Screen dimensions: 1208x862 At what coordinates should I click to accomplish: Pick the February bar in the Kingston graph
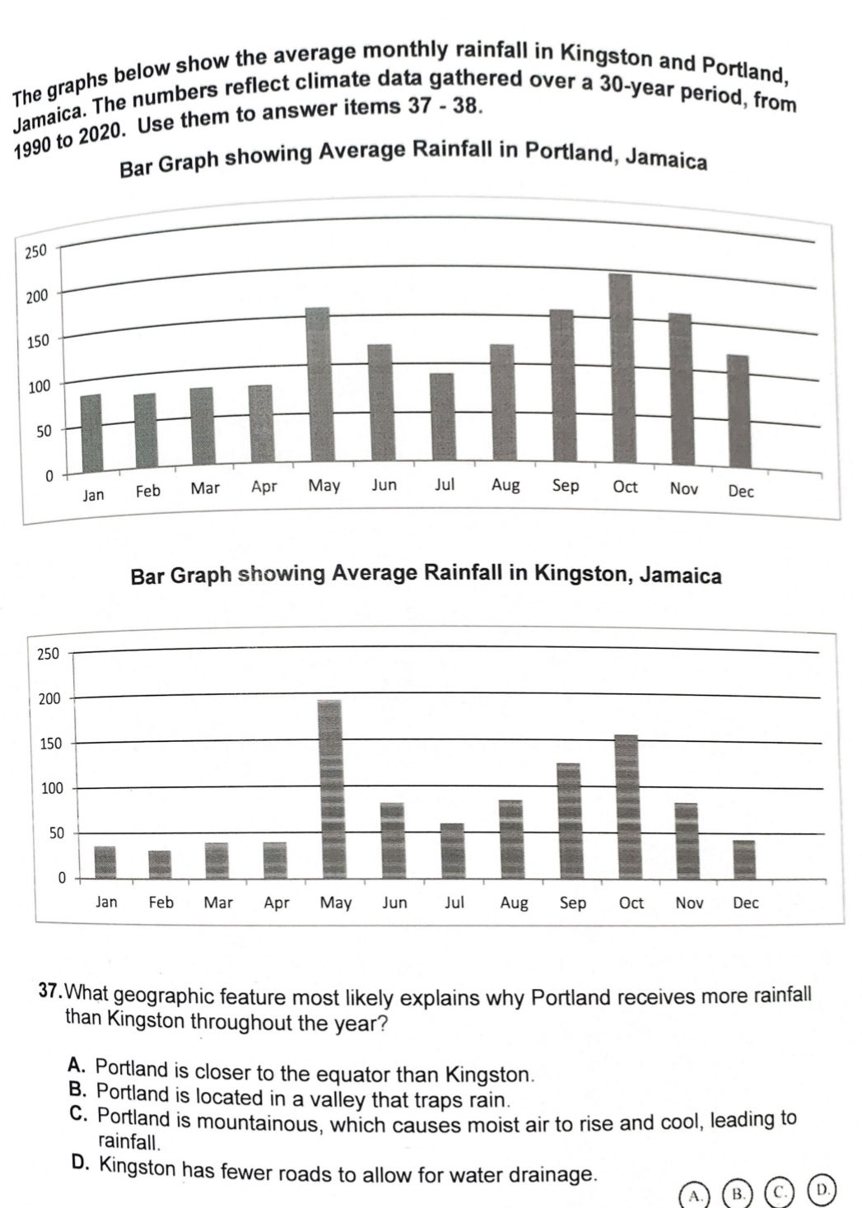(160, 864)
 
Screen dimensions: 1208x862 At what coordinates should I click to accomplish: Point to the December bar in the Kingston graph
(744, 859)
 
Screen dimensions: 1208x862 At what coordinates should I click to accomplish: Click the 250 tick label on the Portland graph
(36, 251)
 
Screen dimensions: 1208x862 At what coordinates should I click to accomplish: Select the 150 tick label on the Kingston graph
(51, 744)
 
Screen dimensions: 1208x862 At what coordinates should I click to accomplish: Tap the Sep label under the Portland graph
(566, 486)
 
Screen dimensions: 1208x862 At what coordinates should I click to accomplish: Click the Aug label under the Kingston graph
(515, 903)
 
